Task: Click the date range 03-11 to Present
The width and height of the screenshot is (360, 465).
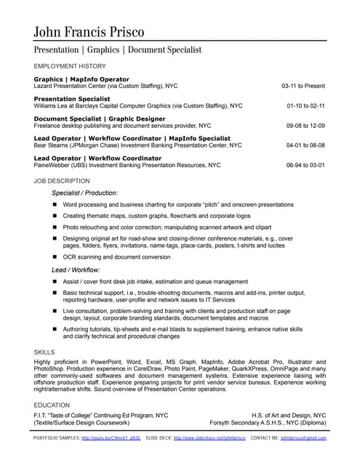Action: click(x=303, y=86)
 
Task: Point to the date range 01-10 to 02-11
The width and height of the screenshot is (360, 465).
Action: click(x=305, y=105)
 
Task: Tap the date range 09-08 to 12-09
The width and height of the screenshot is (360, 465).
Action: click(x=305, y=125)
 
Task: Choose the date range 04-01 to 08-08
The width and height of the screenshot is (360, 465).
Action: click(x=305, y=145)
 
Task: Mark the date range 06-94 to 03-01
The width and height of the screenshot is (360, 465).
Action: click(x=305, y=165)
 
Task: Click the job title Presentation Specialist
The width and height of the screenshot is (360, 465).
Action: click(x=72, y=98)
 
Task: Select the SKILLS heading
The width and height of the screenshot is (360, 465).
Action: click(x=44, y=352)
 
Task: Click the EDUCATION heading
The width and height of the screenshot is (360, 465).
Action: click(x=52, y=405)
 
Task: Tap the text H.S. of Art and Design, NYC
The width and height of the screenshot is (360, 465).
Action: click(x=289, y=415)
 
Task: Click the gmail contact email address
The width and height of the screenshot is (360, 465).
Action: click(x=303, y=439)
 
